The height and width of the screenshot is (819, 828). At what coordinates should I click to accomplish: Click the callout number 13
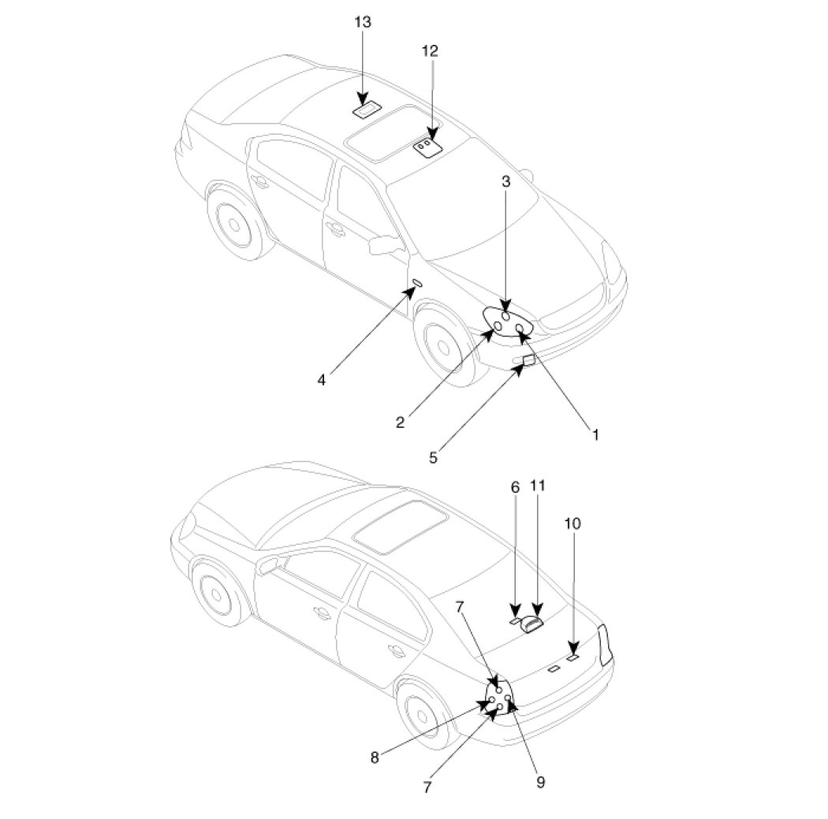(x=362, y=22)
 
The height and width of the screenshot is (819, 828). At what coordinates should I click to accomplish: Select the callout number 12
(x=430, y=51)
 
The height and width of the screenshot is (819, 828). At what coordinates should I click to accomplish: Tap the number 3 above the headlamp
(x=506, y=181)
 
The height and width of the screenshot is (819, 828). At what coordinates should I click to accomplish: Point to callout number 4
(x=321, y=379)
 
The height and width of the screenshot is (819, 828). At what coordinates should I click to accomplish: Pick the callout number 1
(x=595, y=434)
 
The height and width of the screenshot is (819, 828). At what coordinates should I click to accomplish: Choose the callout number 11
(x=538, y=486)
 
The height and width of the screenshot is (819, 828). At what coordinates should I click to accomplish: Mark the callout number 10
(x=573, y=523)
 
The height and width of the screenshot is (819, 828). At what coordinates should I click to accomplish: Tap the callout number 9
(x=540, y=782)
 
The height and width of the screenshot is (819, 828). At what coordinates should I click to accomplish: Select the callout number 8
(x=375, y=758)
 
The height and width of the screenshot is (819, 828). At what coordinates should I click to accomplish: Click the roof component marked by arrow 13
(x=367, y=110)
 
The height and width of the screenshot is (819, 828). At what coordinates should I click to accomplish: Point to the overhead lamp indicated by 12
(x=427, y=147)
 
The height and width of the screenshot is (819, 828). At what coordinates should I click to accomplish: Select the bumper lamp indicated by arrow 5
(x=528, y=361)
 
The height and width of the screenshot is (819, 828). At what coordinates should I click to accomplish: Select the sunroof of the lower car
(x=398, y=525)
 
